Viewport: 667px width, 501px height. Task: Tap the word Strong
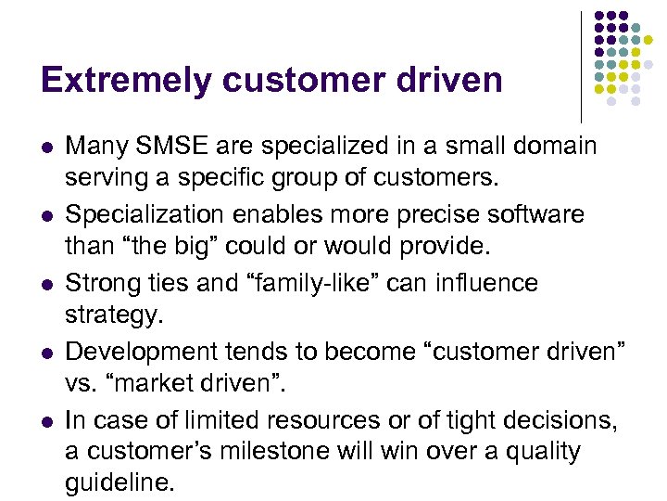[104, 283]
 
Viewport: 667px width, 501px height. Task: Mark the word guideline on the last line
[118, 483]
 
